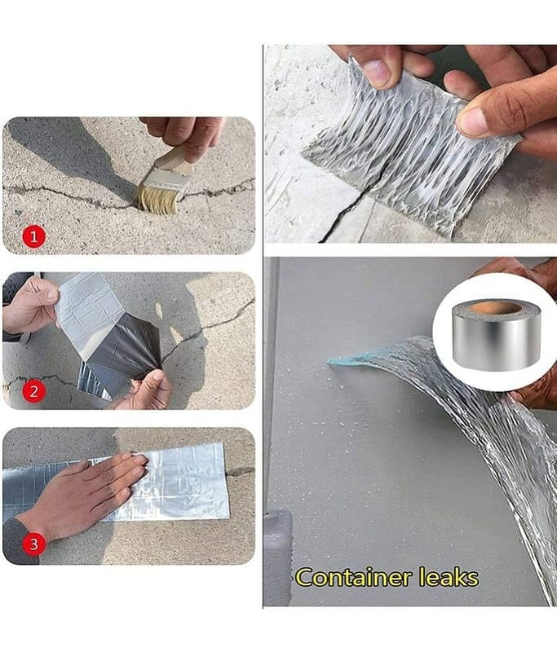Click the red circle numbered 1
(33, 236)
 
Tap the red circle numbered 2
(33, 391)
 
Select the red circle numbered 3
(33, 544)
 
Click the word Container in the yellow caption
(354, 578)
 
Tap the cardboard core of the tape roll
(495, 309)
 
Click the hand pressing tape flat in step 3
(83, 492)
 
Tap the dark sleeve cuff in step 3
(21, 543)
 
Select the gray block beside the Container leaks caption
(277, 557)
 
